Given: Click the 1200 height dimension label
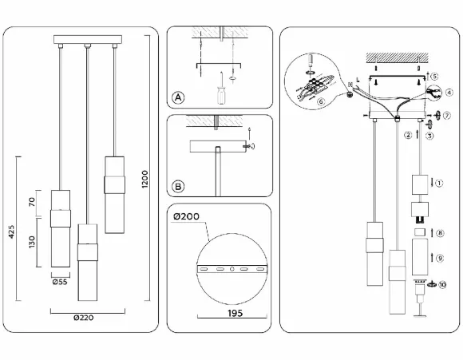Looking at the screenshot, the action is tap(144, 179).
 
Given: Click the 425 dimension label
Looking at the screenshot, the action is tap(11, 231).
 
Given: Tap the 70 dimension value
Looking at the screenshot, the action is tap(32, 202).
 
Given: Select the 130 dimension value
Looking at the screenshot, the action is tap(32, 242).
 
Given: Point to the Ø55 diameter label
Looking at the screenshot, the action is tap(60, 282).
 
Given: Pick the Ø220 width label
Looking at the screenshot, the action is tap(84, 318).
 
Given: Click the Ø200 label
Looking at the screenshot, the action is tap(186, 216).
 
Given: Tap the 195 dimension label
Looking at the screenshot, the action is tap(235, 313).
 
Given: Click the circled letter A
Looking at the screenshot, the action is tap(178, 97).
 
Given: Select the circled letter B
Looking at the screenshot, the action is tap(178, 187).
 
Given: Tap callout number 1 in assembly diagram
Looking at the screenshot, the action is tap(439, 183).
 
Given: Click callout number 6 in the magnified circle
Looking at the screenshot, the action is tap(321, 101).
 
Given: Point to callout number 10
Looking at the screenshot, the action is tap(442, 285).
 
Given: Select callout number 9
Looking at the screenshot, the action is tap(440, 258).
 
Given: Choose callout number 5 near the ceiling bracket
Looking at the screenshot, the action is tap(434, 76).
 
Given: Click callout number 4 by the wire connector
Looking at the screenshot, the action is tap(449, 93).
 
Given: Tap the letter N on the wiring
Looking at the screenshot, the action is tap(350, 85).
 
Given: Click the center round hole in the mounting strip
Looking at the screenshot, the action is tap(232, 269).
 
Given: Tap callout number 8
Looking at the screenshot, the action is tap(440, 233).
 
